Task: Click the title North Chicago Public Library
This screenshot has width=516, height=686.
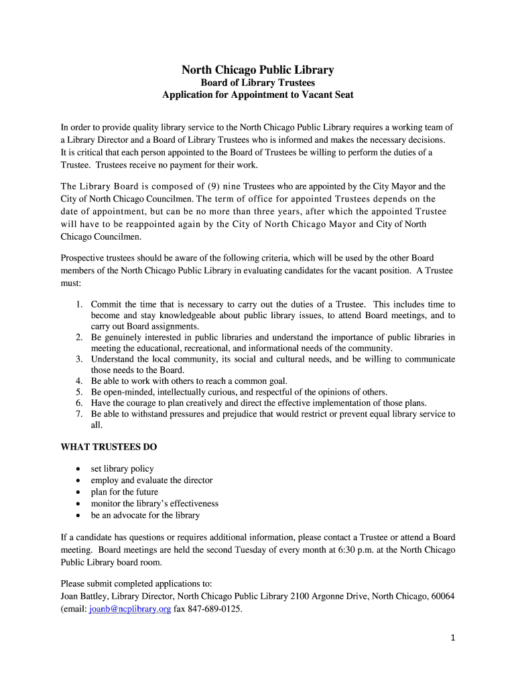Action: (258, 70)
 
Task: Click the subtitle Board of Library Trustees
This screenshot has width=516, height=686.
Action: (258, 83)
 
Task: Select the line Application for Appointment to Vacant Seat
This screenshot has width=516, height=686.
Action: (258, 95)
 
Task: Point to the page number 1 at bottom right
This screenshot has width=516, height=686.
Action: (453, 638)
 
